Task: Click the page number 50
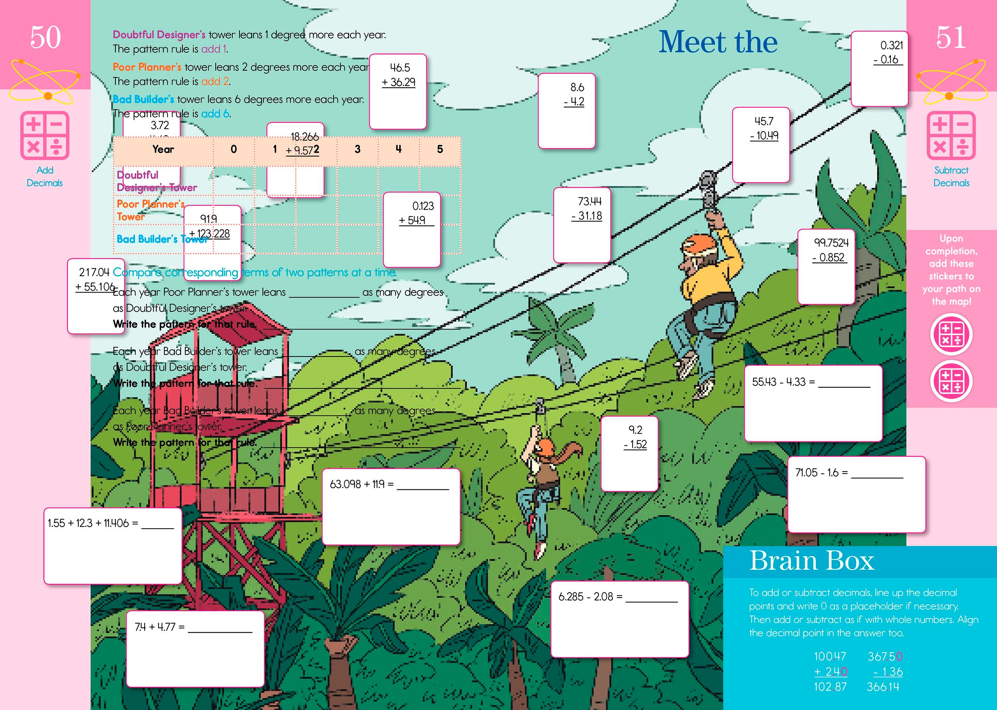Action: click(x=45, y=38)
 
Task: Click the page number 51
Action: click(x=951, y=38)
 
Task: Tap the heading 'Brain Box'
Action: click(x=812, y=560)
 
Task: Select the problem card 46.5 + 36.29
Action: click(x=398, y=91)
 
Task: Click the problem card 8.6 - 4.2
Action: click(x=567, y=111)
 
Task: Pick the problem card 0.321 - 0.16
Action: click(x=879, y=68)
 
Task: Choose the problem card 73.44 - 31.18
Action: click(x=582, y=225)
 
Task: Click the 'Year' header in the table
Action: click(x=163, y=150)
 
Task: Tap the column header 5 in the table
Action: click(x=440, y=150)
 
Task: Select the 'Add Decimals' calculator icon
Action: click(x=45, y=135)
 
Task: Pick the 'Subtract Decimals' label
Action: click(x=951, y=177)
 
